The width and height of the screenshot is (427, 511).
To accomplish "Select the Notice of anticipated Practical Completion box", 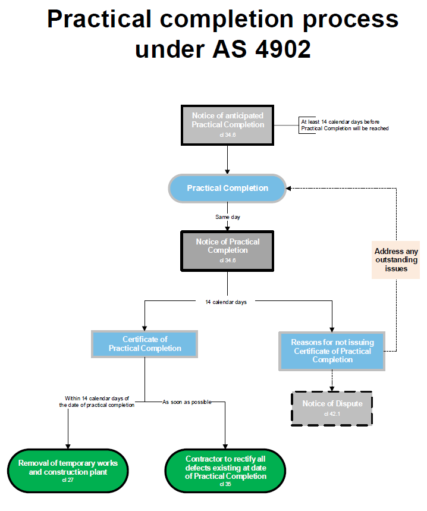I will point(228,125).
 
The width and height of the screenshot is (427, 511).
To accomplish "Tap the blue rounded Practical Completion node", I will point(228,188).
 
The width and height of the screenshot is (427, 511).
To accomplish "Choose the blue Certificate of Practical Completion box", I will point(145,344).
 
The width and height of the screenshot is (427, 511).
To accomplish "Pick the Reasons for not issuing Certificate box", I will point(332,351).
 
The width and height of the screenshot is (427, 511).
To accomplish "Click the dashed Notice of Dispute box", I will point(332,408).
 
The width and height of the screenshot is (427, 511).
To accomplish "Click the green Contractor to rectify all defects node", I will point(225,471).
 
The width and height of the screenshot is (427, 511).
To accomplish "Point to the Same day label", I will point(228,217).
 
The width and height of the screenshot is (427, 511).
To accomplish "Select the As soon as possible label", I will point(187,402).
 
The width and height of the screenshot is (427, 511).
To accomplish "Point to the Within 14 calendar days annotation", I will point(98,401).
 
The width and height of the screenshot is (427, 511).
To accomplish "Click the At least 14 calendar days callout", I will point(344,125).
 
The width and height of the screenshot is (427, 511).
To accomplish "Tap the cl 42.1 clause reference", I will point(332,413).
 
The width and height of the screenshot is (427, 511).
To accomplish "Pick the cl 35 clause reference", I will point(225,484).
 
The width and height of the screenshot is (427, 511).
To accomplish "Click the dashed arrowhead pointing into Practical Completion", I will point(290,188).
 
